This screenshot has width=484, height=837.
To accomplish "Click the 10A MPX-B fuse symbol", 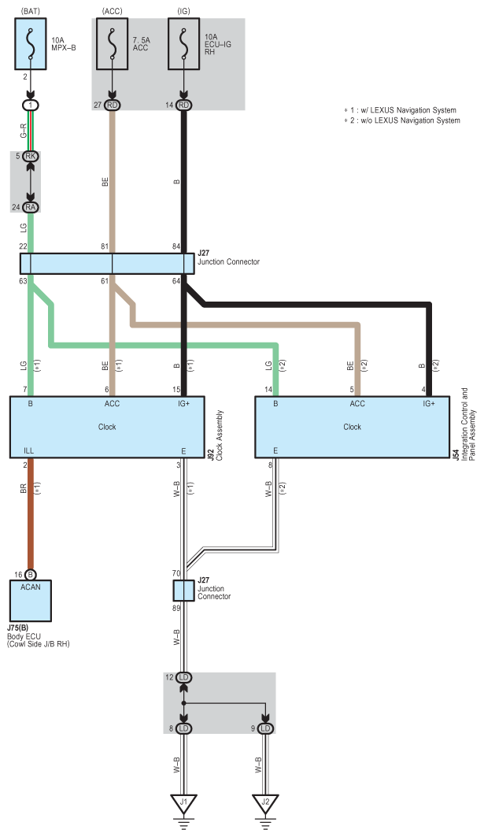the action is click(31, 43).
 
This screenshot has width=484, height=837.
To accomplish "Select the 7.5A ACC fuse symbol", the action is click(112, 43).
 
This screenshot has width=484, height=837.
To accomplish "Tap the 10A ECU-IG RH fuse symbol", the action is click(184, 43).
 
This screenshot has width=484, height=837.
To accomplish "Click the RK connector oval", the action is click(31, 157).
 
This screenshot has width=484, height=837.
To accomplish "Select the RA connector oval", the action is click(31, 207).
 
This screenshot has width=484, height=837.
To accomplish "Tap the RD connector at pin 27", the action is click(112, 106).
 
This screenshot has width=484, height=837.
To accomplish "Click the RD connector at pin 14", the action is click(184, 106).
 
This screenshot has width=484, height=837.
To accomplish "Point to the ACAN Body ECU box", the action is click(31, 601).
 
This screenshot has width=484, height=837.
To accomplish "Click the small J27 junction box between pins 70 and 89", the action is click(183, 591).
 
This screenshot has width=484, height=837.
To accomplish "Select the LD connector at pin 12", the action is click(183, 677).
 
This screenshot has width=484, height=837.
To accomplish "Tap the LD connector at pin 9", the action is click(265, 728).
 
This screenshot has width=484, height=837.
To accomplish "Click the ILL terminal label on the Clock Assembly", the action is click(29, 451).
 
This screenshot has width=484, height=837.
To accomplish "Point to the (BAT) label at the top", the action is click(31, 11).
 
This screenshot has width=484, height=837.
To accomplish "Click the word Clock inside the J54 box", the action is click(353, 427).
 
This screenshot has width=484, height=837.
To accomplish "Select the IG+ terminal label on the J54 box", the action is click(429, 404).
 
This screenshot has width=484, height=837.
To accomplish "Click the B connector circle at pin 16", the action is click(31, 575).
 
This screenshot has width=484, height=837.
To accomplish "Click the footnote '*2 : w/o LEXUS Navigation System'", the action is click(402, 120).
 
